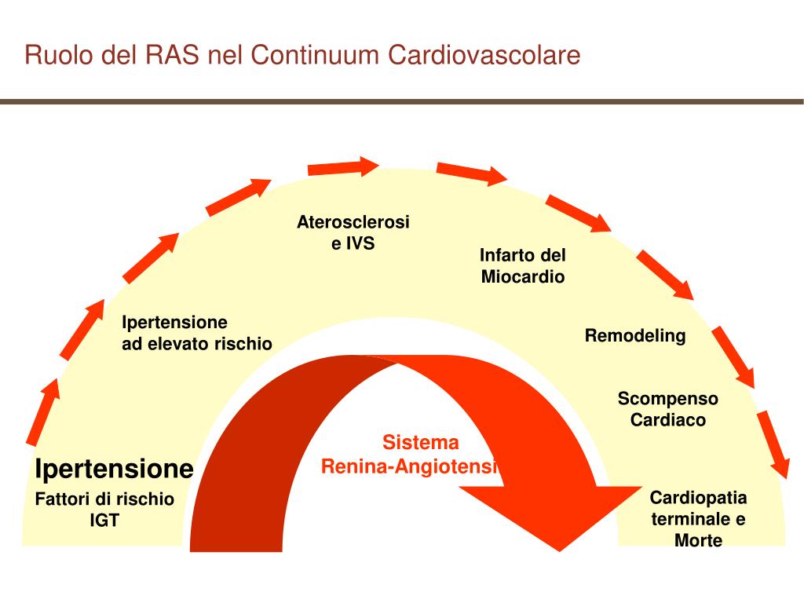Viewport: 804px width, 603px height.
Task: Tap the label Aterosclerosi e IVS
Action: [353, 232]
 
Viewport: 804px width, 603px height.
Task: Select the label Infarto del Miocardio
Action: [522, 266]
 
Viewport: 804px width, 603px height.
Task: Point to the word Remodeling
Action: [635, 336]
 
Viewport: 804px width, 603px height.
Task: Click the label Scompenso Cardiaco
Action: [668, 409]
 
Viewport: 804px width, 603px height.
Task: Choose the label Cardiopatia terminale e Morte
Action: [698, 519]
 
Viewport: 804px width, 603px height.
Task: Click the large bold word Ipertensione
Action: [115, 469]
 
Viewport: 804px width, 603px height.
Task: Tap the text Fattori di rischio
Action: [104, 499]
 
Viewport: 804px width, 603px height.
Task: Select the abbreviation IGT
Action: [104, 520]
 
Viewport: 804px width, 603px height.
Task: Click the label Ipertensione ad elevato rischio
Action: [196, 333]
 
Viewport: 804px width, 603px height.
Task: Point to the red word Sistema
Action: [421, 442]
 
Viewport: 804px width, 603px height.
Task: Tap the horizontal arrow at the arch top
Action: [343, 167]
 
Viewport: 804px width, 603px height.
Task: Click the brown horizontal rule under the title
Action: [402, 101]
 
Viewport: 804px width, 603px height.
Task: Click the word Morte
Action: [698, 540]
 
